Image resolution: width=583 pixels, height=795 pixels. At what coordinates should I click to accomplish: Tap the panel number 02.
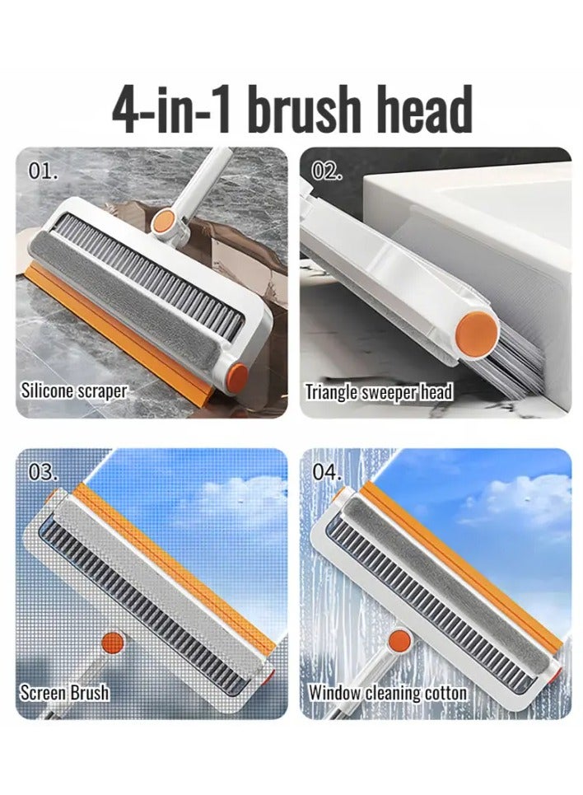point(326,171)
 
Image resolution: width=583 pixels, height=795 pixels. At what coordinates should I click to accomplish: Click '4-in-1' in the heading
point(172,110)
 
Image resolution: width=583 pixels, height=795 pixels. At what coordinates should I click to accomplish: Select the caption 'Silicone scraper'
point(73,390)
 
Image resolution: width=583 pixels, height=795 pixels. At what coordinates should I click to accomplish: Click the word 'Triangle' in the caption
point(332,392)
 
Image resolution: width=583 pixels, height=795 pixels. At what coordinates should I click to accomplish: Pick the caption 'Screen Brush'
point(64,692)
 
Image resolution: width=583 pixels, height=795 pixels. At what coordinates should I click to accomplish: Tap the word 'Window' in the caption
point(334,692)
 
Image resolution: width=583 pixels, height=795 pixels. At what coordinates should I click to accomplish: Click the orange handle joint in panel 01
point(164,222)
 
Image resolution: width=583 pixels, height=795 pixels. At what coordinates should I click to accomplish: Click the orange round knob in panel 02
point(476,330)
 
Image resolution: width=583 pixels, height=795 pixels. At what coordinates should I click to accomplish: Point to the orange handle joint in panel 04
point(399,641)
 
